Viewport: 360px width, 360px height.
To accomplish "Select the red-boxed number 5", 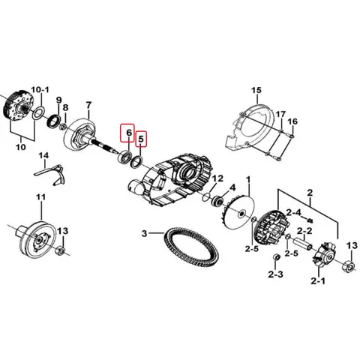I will [x=140, y=140].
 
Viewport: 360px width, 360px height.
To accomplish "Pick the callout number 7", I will [x=88, y=105].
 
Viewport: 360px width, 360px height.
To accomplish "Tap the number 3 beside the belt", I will [x=146, y=234].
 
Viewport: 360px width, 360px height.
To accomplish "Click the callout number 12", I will [x=218, y=178].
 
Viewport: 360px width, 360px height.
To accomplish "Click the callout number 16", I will [x=292, y=121].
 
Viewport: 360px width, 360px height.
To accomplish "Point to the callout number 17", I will [x=280, y=114].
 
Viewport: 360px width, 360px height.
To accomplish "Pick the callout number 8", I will [x=66, y=109].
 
